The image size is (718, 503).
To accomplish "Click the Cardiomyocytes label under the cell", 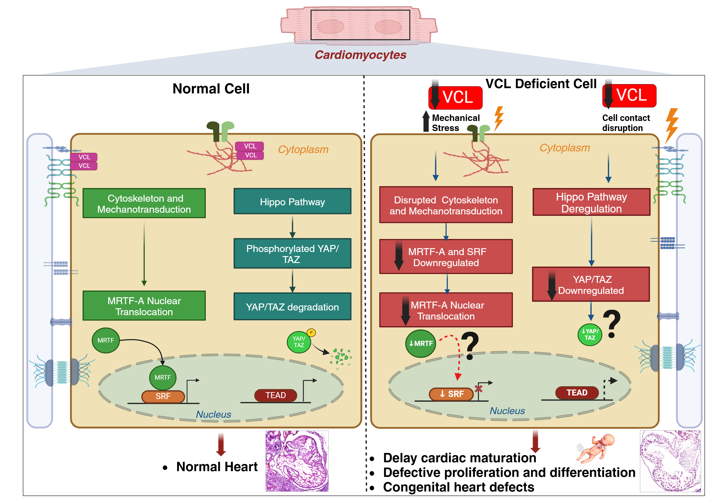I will point(360,55).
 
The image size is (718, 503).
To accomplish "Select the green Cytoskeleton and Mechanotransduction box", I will point(144,203).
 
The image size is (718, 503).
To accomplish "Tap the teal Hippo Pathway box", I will point(292,202).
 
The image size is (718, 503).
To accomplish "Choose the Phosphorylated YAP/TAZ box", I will point(292,253).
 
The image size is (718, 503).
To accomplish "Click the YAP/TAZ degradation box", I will point(292,307).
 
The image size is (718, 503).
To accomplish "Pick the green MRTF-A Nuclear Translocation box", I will point(144,306).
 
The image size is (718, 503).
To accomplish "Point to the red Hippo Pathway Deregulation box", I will point(591,202).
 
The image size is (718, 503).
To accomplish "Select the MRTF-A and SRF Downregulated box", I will point(446,257).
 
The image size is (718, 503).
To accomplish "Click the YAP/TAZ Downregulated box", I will point(591,285).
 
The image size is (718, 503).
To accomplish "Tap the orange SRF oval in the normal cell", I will point(163,396).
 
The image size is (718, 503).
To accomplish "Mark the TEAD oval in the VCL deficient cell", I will point(577,393).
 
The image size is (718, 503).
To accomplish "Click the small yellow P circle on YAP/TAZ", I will point(311,332).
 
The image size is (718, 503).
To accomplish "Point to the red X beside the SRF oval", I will point(478,389).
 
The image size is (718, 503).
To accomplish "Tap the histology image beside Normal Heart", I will point(297,461).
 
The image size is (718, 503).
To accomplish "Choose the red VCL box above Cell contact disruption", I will point(629,96).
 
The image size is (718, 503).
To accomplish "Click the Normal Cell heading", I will point(211,89).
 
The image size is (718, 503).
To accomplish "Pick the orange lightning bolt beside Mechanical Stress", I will point(499,118).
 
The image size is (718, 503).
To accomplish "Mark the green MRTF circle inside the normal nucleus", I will point(163,377).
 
